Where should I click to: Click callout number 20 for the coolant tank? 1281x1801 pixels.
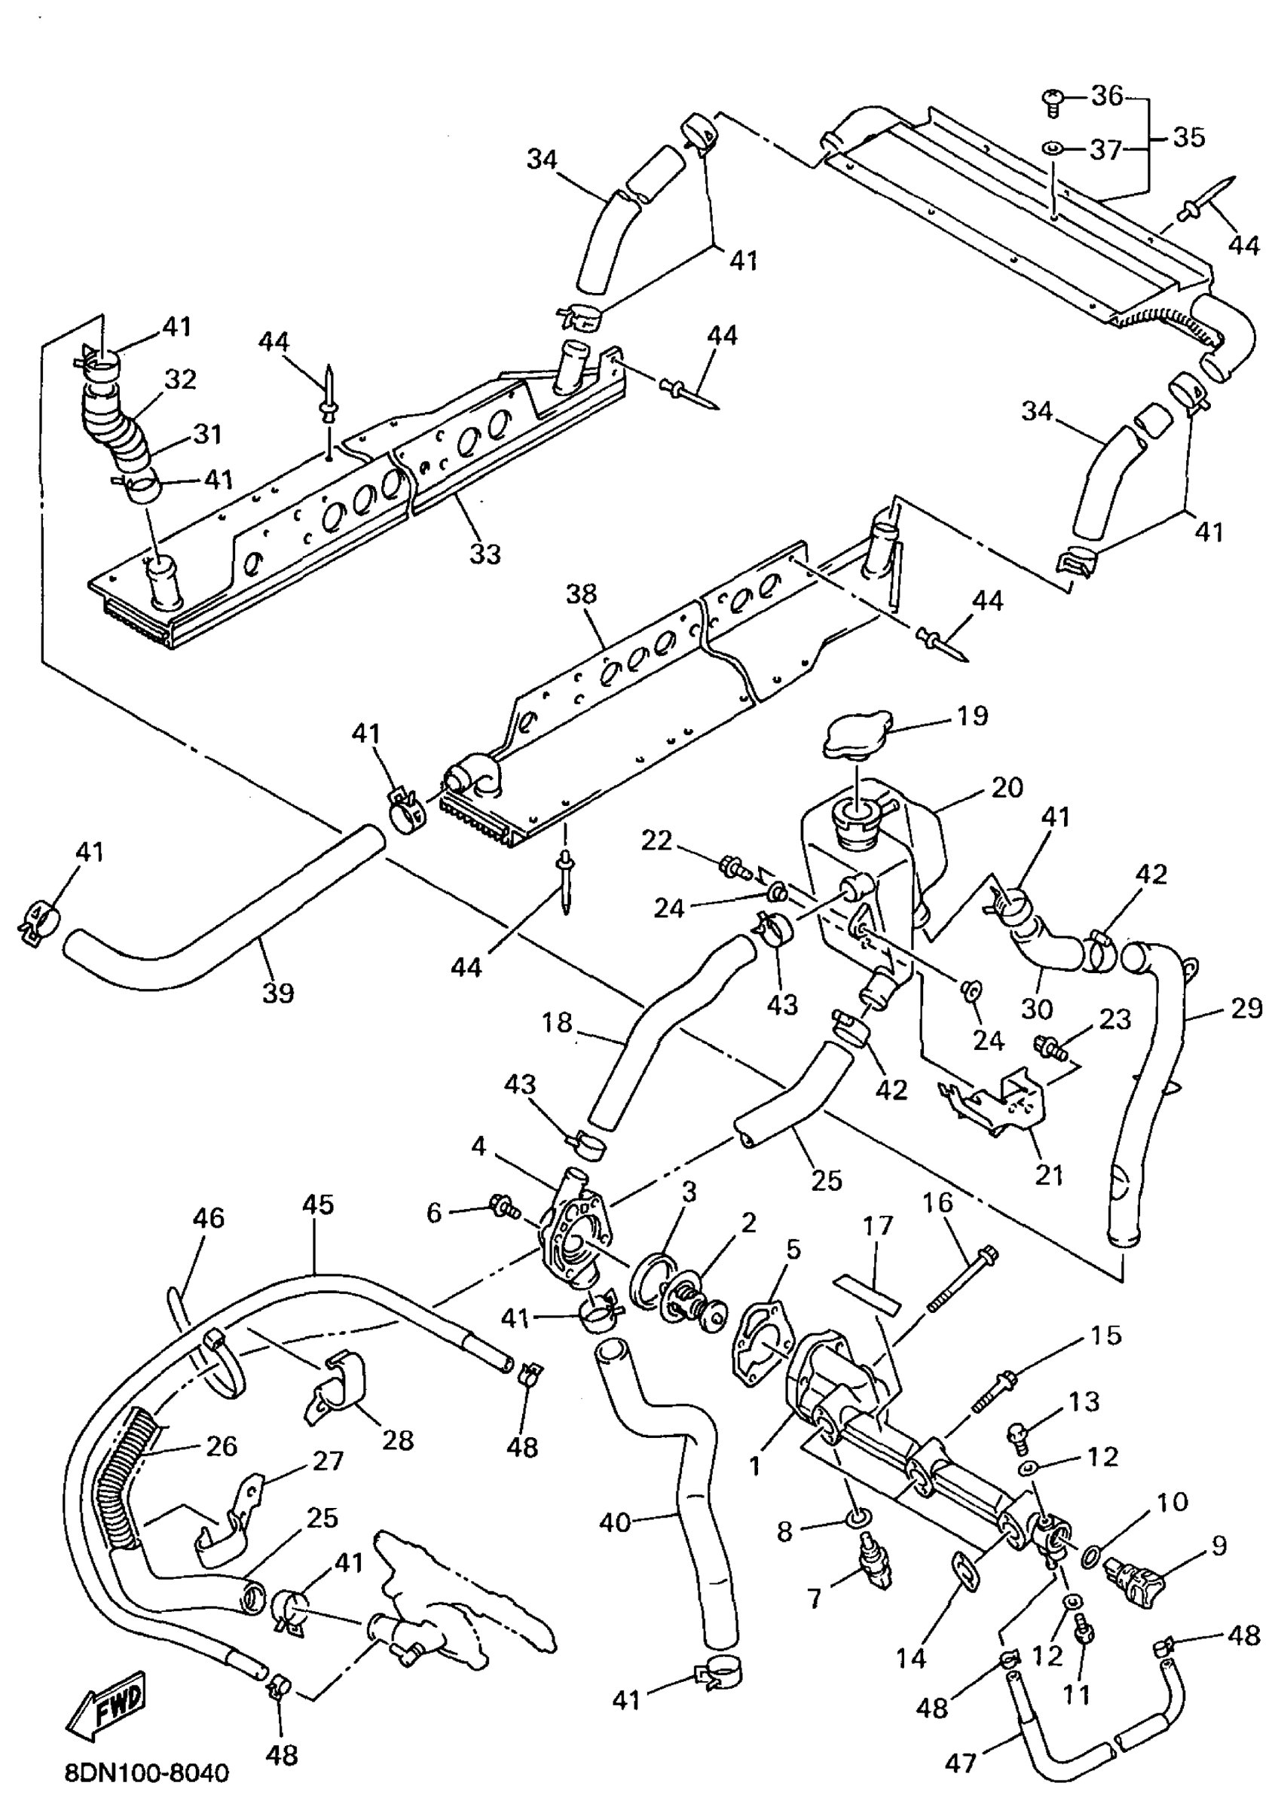coord(1007,787)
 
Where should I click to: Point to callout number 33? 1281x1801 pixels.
coord(485,554)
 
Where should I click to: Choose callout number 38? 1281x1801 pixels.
coord(581,594)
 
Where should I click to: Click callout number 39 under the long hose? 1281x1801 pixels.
coord(277,992)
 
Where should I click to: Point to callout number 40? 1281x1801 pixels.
coord(616,1521)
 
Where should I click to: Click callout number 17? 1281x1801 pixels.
coord(877,1226)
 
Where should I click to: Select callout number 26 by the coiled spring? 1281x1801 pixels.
coord(221,1445)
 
